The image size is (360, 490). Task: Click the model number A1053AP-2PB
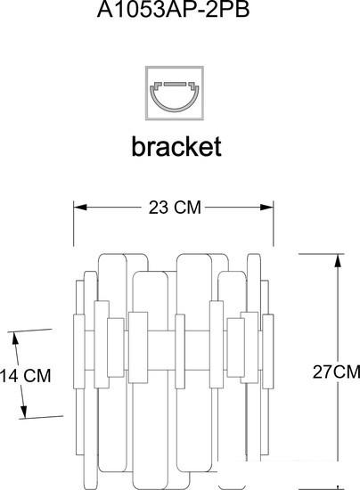pyautogui.click(x=174, y=10)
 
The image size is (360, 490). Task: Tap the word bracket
pyautogui.click(x=176, y=146)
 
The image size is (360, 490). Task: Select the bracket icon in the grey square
pyautogui.click(x=175, y=93)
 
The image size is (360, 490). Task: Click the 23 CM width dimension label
pyautogui.click(x=175, y=208)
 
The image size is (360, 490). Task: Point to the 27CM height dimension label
pyautogui.click(x=336, y=372)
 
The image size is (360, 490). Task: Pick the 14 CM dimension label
pyautogui.click(x=25, y=376)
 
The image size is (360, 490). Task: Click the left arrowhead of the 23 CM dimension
pyautogui.click(x=80, y=207)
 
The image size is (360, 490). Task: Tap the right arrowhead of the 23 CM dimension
pyautogui.click(x=266, y=207)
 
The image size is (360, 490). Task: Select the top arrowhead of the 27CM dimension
pyautogui.click(x=338, y=260)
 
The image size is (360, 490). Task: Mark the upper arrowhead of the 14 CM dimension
pyautogui.click(x=15, y=339)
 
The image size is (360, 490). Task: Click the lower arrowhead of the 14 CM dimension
pyautogui.click(x=24, y=411)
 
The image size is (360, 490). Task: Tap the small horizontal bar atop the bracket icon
pyautogui.click(x=175, y=84)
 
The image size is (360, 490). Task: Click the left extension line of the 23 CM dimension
pyautogui.click(x=74, y=224)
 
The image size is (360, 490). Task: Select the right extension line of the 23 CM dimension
pyautogui.click(x=274, y=224)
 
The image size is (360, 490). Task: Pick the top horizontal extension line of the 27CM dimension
pyautogui.click(x=322, y=254)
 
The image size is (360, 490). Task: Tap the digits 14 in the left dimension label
pyautogui.click(x=9, y=376)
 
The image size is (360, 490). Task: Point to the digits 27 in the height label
pyautogui.click(x=323, y=372)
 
